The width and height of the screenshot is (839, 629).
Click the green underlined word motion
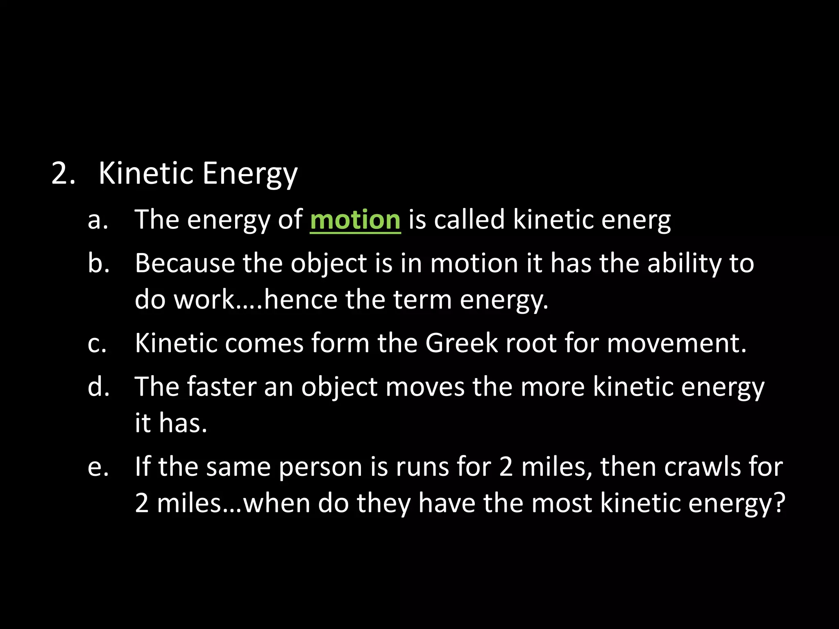[x=355, y=220]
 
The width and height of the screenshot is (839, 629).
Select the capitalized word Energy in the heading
[x=249, y=174]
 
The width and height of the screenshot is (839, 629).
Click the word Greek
[x=461, y=343]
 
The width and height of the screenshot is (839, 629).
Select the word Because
[x=185, y=263]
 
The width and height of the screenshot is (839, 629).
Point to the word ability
[x=685, y=263]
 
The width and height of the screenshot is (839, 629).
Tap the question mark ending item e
[x=778, y=502]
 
